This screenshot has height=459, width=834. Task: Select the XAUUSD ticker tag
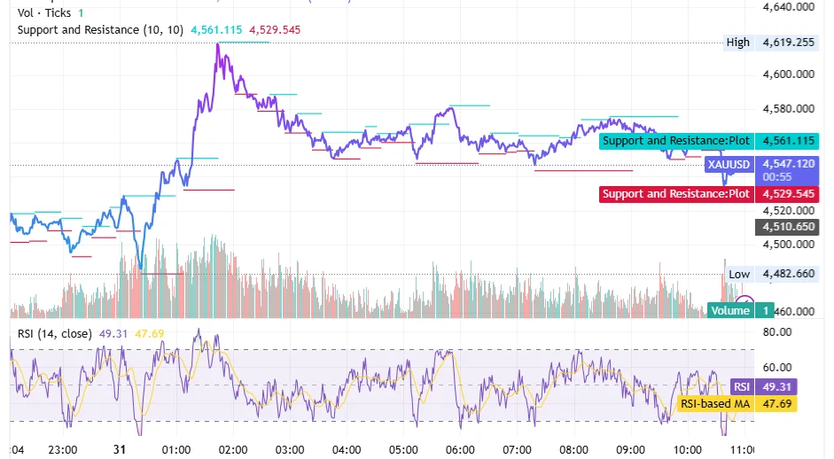729,164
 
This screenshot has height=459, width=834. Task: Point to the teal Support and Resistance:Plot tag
675,141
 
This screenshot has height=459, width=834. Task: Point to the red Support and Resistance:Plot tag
675,194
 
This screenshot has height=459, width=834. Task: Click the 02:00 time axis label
233,448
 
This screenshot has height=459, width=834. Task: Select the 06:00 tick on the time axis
460,448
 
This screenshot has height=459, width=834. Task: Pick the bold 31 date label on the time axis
121,448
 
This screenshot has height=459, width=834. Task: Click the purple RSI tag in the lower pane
742,387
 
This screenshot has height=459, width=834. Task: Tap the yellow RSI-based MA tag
714,404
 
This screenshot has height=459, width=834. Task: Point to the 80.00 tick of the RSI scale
777,332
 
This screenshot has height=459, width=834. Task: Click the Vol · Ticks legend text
44,13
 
